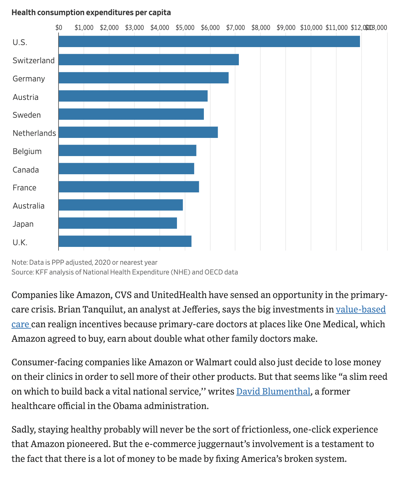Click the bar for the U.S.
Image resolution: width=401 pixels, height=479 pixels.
pos(209,41)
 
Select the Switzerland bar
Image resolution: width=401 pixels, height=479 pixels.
pos(148,60)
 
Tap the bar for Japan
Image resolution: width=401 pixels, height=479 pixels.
pos(117,223)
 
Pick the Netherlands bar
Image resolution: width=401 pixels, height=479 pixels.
pos(138,132)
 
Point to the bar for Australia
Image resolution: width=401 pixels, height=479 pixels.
pos(120,205)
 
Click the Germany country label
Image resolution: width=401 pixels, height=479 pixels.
pos(29,79)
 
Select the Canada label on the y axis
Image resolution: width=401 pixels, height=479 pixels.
pos(26,170)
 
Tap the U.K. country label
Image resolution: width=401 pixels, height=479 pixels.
pos(20,242)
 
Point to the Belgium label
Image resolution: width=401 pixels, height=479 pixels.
pos(27,151)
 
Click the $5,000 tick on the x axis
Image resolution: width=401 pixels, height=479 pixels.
pos(185,28)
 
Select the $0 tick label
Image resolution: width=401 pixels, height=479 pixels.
pos(59,28)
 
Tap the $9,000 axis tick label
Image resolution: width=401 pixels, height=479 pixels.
pos(286,28)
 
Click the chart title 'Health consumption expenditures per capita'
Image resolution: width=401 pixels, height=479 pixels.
pos(91,12)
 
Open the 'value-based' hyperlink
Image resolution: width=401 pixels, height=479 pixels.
pos(361,309)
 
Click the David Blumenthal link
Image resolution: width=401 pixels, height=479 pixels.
pos(273,391)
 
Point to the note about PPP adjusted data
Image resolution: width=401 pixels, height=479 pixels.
pos(84,262)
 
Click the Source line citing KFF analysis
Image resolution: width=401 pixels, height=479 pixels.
pos(124,272)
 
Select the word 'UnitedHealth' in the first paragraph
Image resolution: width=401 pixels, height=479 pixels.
pos(179,295)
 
